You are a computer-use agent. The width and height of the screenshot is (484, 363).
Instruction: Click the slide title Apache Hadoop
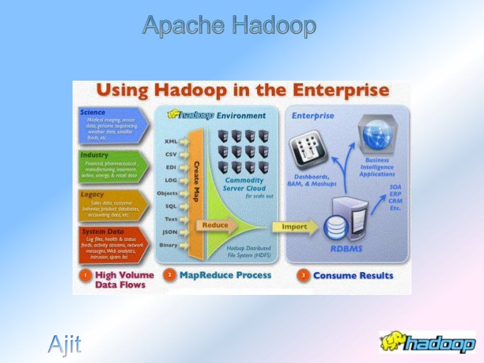point(229,26)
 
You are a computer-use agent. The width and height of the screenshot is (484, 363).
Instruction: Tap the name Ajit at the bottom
point(65,345)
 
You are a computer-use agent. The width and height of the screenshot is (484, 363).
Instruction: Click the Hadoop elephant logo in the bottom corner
point(427,342)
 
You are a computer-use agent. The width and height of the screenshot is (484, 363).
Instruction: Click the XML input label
point(171,141)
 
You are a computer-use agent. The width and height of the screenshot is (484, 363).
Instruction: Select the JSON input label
point(170,232)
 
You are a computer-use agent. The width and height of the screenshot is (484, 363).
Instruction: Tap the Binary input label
point(168,245)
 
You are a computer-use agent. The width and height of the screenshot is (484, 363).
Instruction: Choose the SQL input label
point(171,206)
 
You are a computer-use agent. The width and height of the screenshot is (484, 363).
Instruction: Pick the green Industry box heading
point(95,154)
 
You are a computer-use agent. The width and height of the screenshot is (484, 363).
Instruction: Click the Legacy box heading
point(92,195)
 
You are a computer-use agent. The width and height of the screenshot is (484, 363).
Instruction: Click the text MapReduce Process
point(225,275)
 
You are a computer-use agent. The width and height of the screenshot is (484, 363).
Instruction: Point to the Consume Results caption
point(353,275)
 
